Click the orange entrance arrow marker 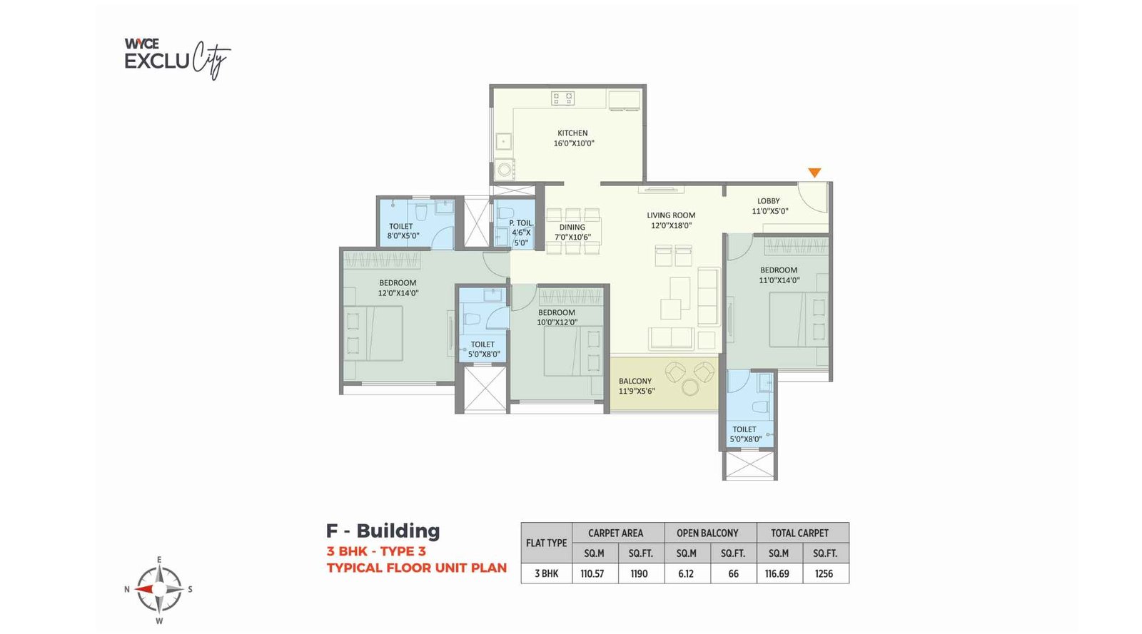[x=814, y=173]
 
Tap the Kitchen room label [x=572, y=133]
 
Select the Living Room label [x=671, y=215]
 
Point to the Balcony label [x=635, y=381]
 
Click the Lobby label [x=768, y=201]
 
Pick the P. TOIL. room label [x=521, y=223]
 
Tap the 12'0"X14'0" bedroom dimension [x=398, y=293]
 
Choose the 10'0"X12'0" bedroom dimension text [x=557, y=322]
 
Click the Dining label [x=572, y=227]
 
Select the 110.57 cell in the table [x=592, y=573]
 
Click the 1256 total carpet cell [x=824, y=573]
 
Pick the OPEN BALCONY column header [x=707, y=533]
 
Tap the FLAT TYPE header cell [x=547, y=543]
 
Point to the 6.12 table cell [x=686, y=573]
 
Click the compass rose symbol [x=160, y=589]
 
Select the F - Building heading [x=383, y=531]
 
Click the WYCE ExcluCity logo [x=178, y=58]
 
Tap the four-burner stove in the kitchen [x=563, y=98]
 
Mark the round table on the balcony [x=691, y=387]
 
